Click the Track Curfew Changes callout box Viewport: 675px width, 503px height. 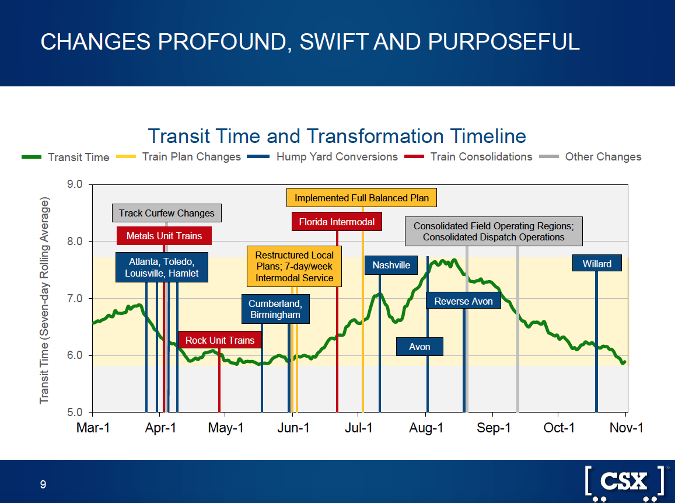(166, 213)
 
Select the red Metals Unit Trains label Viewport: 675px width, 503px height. (164, 236)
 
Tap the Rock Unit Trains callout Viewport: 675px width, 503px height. (220, 340)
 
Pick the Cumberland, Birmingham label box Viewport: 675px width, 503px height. (275, 309)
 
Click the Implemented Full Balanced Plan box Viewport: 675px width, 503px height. (362, 198)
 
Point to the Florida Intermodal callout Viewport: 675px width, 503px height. (337, 222)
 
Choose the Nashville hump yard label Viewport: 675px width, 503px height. (391, 265)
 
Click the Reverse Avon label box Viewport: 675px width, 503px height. (463, 301)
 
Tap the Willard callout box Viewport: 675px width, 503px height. (597, 264)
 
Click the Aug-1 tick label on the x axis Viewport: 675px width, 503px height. (426, 428)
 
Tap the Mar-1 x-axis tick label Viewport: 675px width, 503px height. (93, 428)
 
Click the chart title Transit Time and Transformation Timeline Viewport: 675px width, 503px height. (337, 136)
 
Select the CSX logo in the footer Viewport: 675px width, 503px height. (624, 482)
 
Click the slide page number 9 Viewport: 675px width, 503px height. (43, 484)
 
